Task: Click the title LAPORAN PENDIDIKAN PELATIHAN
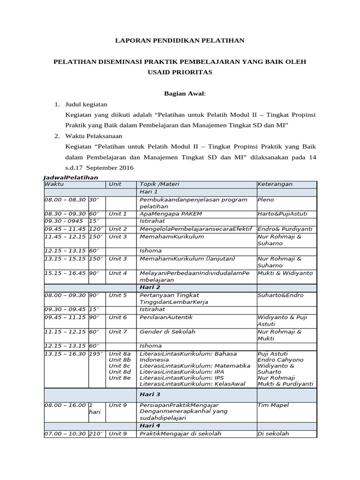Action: pos(180,41)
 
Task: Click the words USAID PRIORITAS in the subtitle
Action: pos(180,72)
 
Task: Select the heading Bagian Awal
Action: pos(185,93)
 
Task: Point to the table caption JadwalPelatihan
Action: pos(71,178)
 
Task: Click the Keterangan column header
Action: pos(274,184)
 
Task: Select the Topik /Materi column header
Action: pos(159,184)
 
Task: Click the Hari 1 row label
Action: pos(149,192)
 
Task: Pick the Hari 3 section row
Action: pos(149,394)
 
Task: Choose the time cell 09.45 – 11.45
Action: pos(65,229)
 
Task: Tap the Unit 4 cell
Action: pos(118,273)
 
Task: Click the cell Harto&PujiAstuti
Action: pos(282,214)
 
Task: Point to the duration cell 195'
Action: pos(97,353)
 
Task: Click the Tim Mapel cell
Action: pos(273,405)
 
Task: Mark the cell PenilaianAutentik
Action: pos(166,317)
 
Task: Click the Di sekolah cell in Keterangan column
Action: pos(274,434)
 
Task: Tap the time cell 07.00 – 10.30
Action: pos(65,434)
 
